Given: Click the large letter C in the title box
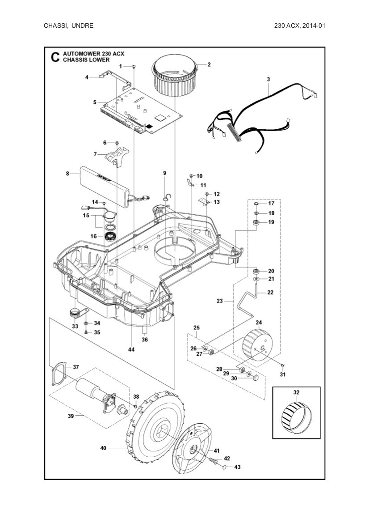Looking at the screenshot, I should click(x=55, y=57).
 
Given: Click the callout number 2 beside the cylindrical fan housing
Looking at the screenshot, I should click(x=209, y=64).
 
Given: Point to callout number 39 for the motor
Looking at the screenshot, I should click(x=71, y=416).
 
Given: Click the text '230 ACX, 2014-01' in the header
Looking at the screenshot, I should click(x=299, y=26).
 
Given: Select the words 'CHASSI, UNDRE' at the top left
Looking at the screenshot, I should click(x=68, y=26).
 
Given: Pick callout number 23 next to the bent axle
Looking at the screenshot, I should click(x=219, y=301).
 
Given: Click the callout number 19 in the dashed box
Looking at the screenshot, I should click(x=271, y=222).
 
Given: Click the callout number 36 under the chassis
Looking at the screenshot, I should click(x=145, y=340).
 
